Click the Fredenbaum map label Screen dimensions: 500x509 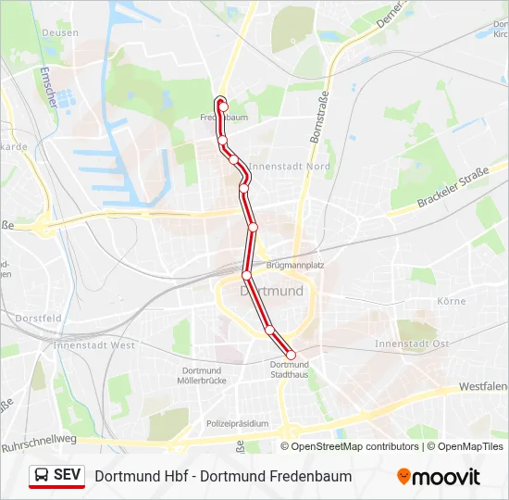(224, 119)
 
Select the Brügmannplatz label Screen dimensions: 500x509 (295, 265)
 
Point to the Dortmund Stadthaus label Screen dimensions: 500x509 (290, 370)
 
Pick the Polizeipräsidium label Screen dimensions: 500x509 (237, 424)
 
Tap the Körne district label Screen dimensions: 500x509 (451, 301)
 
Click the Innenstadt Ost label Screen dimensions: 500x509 (412, 344)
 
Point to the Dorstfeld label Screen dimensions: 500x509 (37, 318)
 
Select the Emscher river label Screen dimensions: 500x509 (48, 86)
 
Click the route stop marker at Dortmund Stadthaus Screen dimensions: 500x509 (291, 354)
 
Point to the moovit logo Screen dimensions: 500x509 (439, 477)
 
